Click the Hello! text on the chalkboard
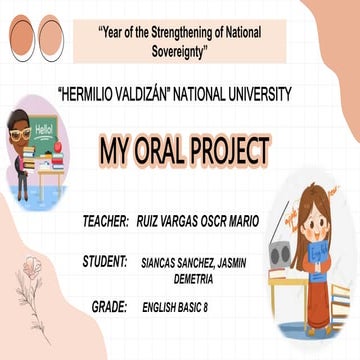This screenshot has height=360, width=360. click(45, 129)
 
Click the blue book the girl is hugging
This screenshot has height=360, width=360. click(316, 264)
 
